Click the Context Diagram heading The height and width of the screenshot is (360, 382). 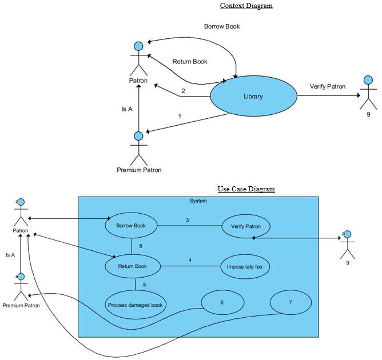tap(246, 6)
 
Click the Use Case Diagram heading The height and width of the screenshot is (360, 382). tap(246, 189)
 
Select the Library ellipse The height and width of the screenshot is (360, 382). tap(253, 97)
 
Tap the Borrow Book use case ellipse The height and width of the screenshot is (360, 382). tap(131, 226)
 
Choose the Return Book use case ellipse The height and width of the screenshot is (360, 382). tap(132, 266)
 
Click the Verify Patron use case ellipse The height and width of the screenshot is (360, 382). tap(246, 226)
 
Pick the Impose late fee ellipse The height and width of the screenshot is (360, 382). tap(245, 266)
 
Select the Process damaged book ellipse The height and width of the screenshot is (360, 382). tap(136, 305)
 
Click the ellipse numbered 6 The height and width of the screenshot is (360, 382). tap(222, 303)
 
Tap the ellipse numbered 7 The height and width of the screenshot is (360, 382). tap(291, 302)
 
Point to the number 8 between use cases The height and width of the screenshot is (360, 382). tap(140, 246)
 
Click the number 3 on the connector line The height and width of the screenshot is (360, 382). tap(187, 220)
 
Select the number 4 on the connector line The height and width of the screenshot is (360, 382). tap(190, 261)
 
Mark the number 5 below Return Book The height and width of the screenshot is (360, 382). tap(144, 285)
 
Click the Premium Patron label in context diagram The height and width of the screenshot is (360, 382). tap(139, 170)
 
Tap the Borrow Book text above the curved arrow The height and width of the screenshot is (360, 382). tap(222, 26)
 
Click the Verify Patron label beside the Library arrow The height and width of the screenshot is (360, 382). tap(328, 86)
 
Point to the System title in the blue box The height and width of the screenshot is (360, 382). tap(198, 201)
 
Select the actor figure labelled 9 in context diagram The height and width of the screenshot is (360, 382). tap(368, 94)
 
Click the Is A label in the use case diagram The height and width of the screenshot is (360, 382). tap(10, 255)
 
